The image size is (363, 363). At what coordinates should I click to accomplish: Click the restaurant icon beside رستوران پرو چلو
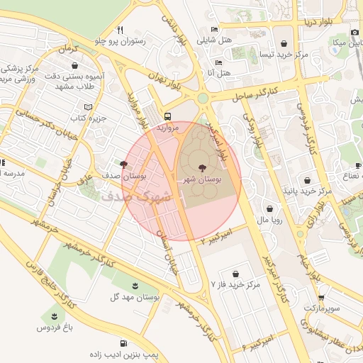(x=121, y=30)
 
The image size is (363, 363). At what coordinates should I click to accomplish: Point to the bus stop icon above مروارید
(x=168, y=116)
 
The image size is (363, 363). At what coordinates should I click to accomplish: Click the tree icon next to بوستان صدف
(x=124, y=164)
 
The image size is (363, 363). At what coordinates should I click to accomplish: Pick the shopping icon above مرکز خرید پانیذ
(x=306, y=180)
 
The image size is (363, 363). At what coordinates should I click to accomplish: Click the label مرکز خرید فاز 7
(x=236, y=285)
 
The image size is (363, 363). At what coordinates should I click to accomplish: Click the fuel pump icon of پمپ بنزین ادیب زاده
(x=125, y=343)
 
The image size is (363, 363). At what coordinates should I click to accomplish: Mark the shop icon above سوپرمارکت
(x=321, y=298)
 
